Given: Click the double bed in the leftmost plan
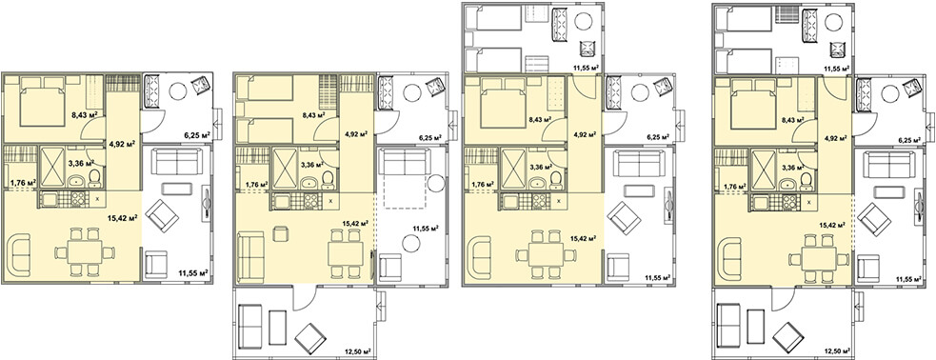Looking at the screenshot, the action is [42, 103].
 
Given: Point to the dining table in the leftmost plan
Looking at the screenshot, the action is [84, 252].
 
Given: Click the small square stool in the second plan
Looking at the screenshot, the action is [279, 232].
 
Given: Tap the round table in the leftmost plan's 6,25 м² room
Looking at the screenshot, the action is [177, 90].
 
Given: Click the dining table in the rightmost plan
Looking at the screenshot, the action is [818, 258].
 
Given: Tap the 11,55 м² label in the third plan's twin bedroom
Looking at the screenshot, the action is [587, 68].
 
